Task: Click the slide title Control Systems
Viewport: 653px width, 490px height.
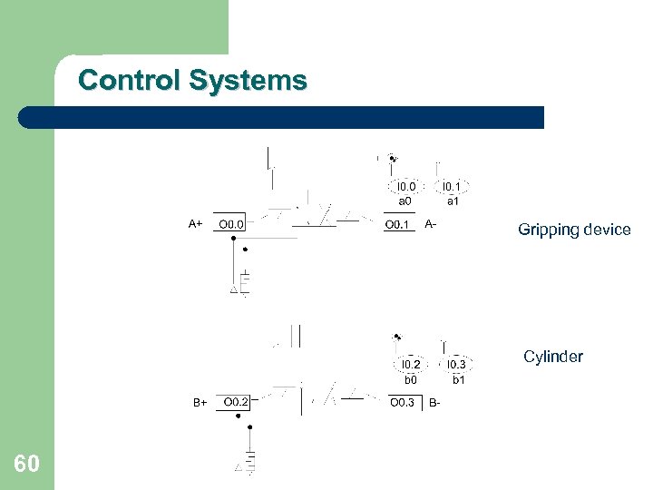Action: tap(192, 81)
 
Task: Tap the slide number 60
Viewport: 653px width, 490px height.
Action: tap(27, 465)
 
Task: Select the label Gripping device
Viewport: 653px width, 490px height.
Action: tap(574, 230)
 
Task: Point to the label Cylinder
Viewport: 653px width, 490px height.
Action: tap(552, 357)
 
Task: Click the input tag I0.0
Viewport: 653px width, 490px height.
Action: tap(405, 187)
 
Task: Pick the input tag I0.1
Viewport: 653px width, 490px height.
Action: tap(452, 187)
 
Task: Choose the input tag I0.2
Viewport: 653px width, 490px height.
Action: tap(410, 365)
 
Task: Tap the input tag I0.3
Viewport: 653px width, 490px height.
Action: tap(458, 365)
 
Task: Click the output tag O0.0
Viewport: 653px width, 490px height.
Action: tap(231, 223)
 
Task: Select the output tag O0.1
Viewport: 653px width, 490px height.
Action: tap(398, 224)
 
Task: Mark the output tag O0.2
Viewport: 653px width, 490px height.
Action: tap(237, 401)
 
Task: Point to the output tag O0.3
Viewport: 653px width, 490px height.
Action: tap(403, 402)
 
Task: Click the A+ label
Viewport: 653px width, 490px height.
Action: tap(195, 223)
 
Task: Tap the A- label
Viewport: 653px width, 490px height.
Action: tap(432, 223)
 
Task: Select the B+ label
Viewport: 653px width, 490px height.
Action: tap(200, 402)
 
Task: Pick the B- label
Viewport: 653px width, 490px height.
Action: tap(435, 402)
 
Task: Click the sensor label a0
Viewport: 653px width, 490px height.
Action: tap(404, 201)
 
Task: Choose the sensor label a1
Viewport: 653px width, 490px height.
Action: tap(452, 201)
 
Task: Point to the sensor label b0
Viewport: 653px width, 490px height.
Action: tap(410, 379)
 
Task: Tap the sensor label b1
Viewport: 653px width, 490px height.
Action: tap(458, 379)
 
